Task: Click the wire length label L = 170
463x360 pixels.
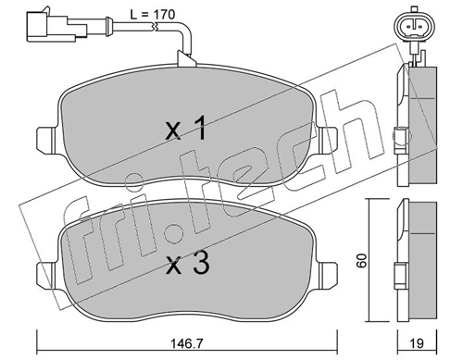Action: (x=152, y=15)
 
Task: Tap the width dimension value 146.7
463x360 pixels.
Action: (x=187, y=343)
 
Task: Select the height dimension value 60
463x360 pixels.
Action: (x=361, y=260)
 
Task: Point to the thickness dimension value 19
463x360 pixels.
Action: (x=417, y=343)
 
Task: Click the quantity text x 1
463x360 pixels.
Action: (x=185, y=128)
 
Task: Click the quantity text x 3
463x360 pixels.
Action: (x=188, y=263)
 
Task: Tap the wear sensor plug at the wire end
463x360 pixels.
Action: (x=56, y=26)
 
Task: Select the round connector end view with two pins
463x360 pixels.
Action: (x=415, y=26)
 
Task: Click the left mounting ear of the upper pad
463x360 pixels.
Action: (x=47, y=141)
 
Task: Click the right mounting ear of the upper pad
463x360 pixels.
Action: (x=327, y=141)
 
